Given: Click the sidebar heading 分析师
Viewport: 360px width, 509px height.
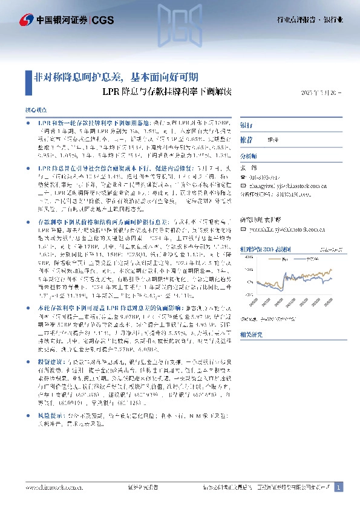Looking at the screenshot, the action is (x=249, y=155).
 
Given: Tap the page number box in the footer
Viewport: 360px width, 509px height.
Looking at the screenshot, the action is (x=339, y=487).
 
